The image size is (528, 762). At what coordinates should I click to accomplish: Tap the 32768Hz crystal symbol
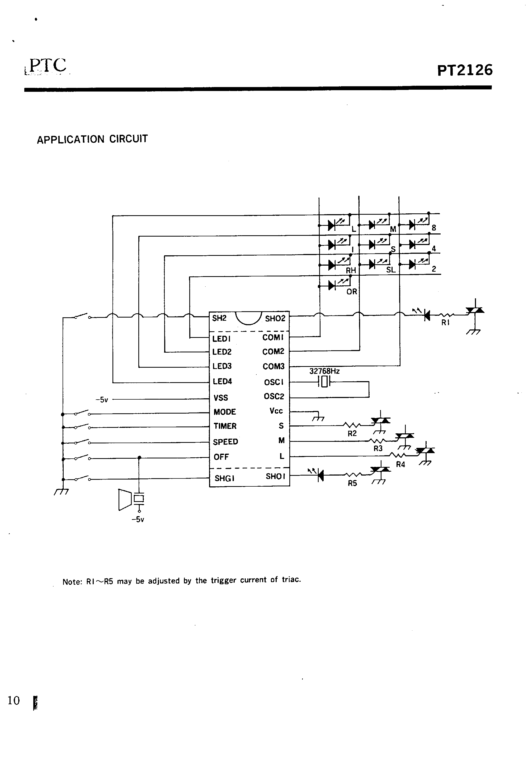[324, 382]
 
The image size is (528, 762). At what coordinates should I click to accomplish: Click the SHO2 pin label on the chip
[275, 319]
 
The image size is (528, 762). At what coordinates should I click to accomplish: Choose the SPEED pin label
[225, 442]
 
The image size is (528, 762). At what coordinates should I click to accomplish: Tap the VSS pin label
[221, 397]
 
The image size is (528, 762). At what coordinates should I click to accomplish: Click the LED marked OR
[332, 285]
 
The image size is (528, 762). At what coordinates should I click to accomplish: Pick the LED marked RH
[332, 265]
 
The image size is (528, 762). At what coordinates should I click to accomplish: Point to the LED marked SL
[372, 264]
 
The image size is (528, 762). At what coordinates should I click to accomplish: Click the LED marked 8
[412, 225]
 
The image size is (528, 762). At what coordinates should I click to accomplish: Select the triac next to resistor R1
[475, 311]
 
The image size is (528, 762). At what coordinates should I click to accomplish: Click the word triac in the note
[291, 579]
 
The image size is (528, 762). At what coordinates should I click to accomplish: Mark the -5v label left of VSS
[102, 400]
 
